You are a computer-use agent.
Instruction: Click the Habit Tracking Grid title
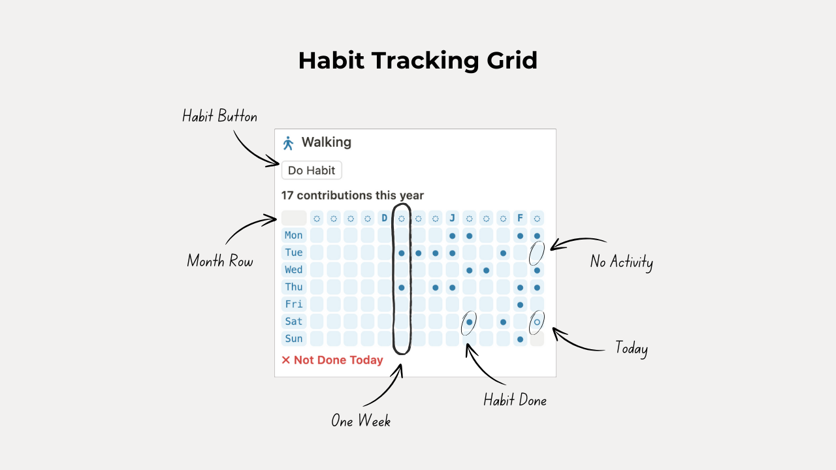click(418, 61)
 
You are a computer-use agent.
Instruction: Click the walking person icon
click(288, 143)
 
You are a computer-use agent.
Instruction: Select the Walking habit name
click(326, 142)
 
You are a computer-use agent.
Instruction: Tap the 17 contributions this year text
click(352, 195)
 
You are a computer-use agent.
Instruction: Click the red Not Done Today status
click(332, 360)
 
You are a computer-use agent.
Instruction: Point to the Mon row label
click(294, 235)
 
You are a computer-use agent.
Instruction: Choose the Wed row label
click(294, 270)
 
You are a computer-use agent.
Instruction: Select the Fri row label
click(294, 304)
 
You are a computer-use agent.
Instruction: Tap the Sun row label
click(294, 339)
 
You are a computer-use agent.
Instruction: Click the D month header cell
click(384, 218)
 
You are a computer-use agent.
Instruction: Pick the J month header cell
click(452, 218)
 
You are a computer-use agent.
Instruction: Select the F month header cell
click(520, 218)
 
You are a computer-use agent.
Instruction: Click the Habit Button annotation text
click(219, 117)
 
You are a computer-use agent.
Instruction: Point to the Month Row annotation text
click(220, 261)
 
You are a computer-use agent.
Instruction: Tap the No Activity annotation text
click(621, 262)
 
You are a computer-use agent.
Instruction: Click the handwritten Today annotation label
click(631, 348)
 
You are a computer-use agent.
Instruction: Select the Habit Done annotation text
click(515, 400)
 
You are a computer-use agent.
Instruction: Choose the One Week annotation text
click(361, 421)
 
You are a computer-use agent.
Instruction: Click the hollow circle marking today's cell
click(537, 321)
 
